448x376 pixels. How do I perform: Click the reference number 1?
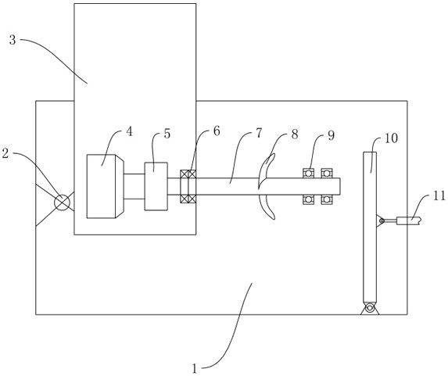tap(195, 368)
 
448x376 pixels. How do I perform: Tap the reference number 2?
tap(5, 154)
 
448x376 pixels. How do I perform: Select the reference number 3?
tap(13, 40)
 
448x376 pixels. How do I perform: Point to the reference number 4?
tap(130, 131)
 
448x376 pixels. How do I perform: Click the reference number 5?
tap(167, 134)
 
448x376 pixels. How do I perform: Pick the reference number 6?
tap(217, 131)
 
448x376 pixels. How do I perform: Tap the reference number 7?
tap(259, 133)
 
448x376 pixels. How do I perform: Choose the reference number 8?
tap(295, 134)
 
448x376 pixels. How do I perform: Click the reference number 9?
tap(331, 135)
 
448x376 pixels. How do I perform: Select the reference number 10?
tap(391, 138)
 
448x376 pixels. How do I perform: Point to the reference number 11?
tap(439, 196)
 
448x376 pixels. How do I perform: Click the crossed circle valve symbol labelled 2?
tap(62, 202)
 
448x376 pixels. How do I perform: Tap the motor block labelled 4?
tap(105, 186)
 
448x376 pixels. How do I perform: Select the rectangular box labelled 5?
tap(156, 186)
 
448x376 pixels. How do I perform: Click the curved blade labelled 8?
tap(267, 186)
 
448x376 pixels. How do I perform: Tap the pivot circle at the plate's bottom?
tap(370, 308)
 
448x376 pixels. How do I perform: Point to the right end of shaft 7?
tap(340, 187)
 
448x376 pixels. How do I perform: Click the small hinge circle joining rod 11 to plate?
tap(381, 220)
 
